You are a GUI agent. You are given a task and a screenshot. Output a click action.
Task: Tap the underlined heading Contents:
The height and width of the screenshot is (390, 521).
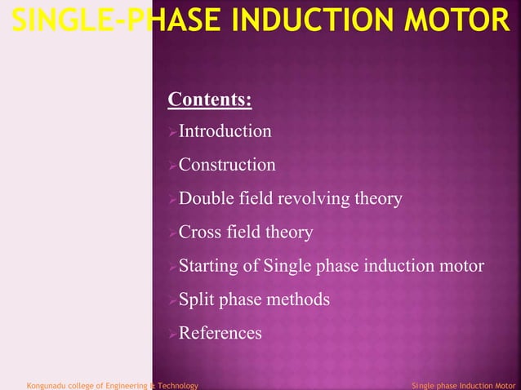(x=209, y=100)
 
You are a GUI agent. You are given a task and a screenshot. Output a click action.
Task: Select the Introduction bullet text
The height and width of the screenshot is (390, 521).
(x=225, y=131)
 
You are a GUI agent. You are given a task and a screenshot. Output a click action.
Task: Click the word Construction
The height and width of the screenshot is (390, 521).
(x=227, y=165)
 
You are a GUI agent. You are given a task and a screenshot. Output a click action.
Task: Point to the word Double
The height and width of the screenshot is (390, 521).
(x=205, y=199)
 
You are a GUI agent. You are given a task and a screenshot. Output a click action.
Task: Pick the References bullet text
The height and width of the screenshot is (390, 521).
(x=220, y=333)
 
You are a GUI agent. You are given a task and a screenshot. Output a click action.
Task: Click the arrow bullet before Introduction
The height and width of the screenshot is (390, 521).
(x=171, y=132)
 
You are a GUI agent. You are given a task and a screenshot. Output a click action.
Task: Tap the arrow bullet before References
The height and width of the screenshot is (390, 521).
(x=171, y=334)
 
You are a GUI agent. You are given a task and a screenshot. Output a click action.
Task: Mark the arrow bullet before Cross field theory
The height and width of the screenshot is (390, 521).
(x=171, y=233)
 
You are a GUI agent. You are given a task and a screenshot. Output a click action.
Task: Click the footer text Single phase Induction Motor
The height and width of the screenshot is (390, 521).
(x=463, y=384)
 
